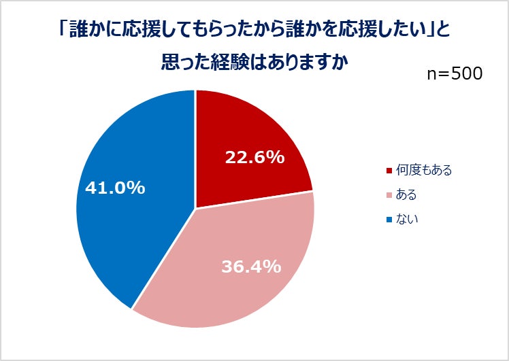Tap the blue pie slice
(x=129, y=204)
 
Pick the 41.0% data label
(x=115, y=188)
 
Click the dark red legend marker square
(x=389, y=170)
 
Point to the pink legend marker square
(x=389, y=195)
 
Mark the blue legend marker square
(x=389, y=220)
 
